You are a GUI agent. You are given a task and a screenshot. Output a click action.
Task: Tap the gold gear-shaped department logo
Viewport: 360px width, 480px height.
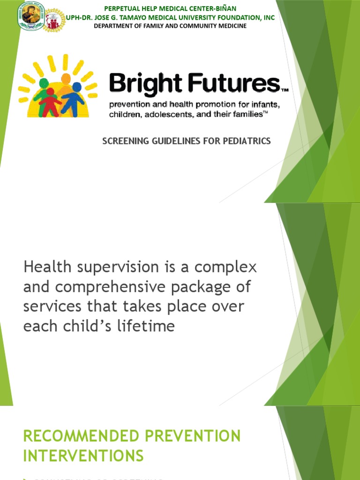tap(55, 20)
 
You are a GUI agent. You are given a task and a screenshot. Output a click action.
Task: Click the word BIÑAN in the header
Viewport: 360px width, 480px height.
tap(225, 8)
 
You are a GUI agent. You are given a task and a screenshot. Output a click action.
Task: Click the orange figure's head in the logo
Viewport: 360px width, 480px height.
tap(66, 78)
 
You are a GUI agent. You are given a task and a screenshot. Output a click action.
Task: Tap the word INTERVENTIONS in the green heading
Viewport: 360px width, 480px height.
tap(83, 455)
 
